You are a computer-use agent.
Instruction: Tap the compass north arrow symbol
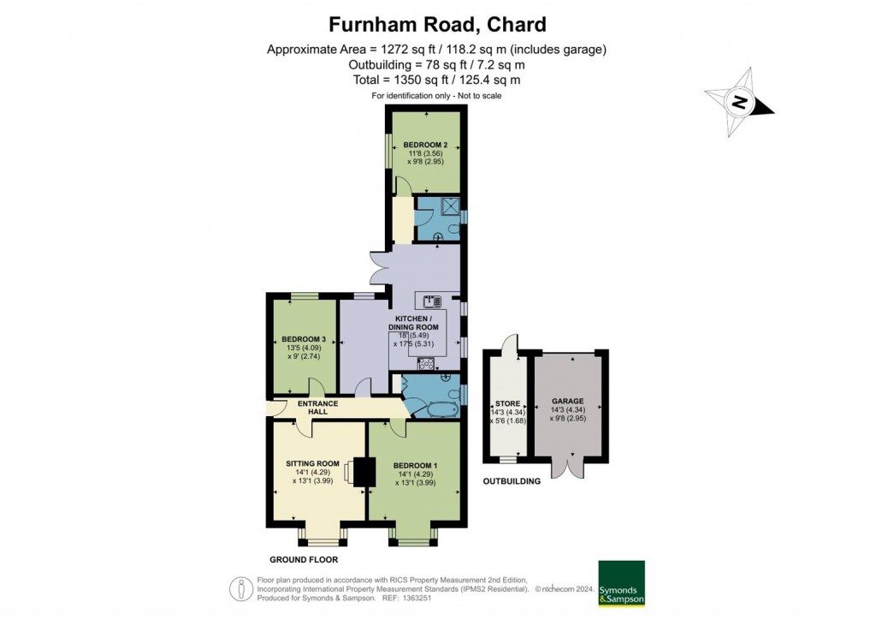[739, 104]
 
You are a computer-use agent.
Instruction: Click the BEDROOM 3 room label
[304, 339]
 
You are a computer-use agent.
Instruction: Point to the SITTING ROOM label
[313, 463]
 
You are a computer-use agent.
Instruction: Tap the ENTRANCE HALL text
[318, 408]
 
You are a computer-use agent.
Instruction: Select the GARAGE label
[567, 401]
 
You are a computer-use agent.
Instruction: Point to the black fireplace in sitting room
[364, 471]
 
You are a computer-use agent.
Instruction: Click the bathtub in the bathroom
[435, 408]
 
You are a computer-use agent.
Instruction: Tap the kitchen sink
[429, 300]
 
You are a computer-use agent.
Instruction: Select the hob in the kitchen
[425, 361]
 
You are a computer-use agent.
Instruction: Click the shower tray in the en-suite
[450, 205]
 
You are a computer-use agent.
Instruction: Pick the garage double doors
[567, 467]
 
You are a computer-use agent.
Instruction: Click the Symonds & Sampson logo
[621, 583]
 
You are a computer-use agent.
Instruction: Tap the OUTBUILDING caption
[512, 481]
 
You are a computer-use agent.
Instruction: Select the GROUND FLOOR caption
[304, 559]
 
